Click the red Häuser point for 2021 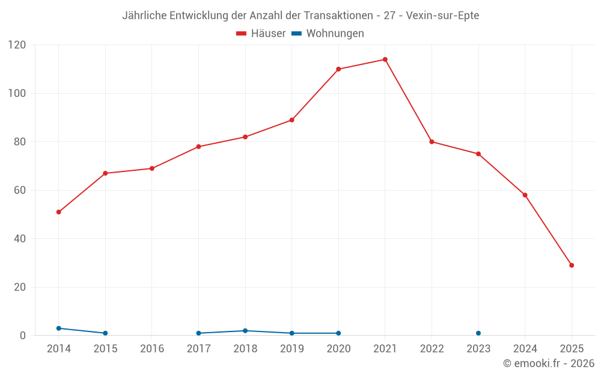(x=385, y=60)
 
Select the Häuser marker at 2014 (x=58, y=212)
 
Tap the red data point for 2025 (x=572, y=265)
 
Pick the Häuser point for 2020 (x=338, y=69)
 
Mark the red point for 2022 (x=432, y=142)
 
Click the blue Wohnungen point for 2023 (x=478, y=333)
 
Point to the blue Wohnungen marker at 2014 (x=58, y=328)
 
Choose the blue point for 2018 (x=245, y=331)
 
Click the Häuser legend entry (x=261, y=34)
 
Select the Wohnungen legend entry (x=328, y=34)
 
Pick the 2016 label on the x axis (x=152, y=349)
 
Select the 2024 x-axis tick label (x=525, y=349)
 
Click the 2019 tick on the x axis (x=292, y=349)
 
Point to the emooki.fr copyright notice (x=548, y=363)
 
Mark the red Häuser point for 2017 (x=198, y=147)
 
